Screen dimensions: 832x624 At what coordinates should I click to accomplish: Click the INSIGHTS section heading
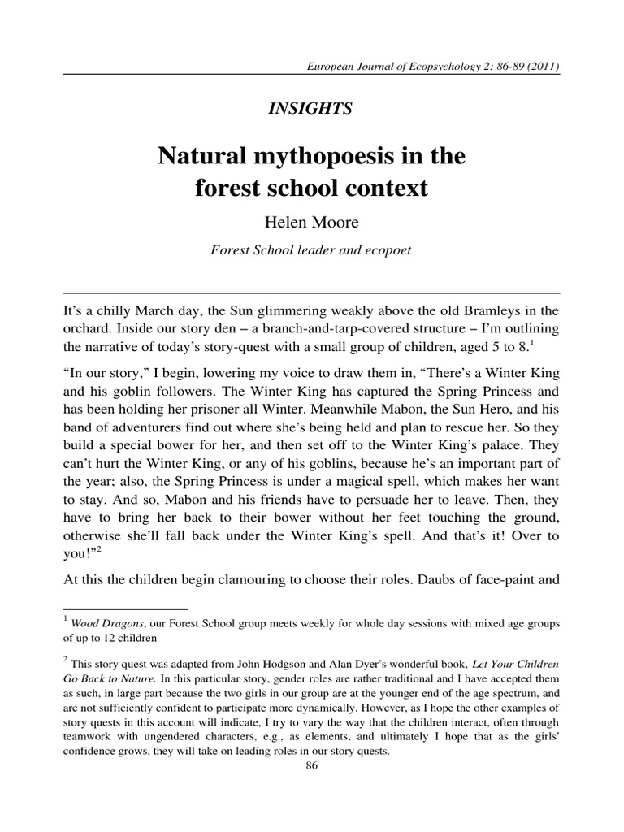pos(311,109)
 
